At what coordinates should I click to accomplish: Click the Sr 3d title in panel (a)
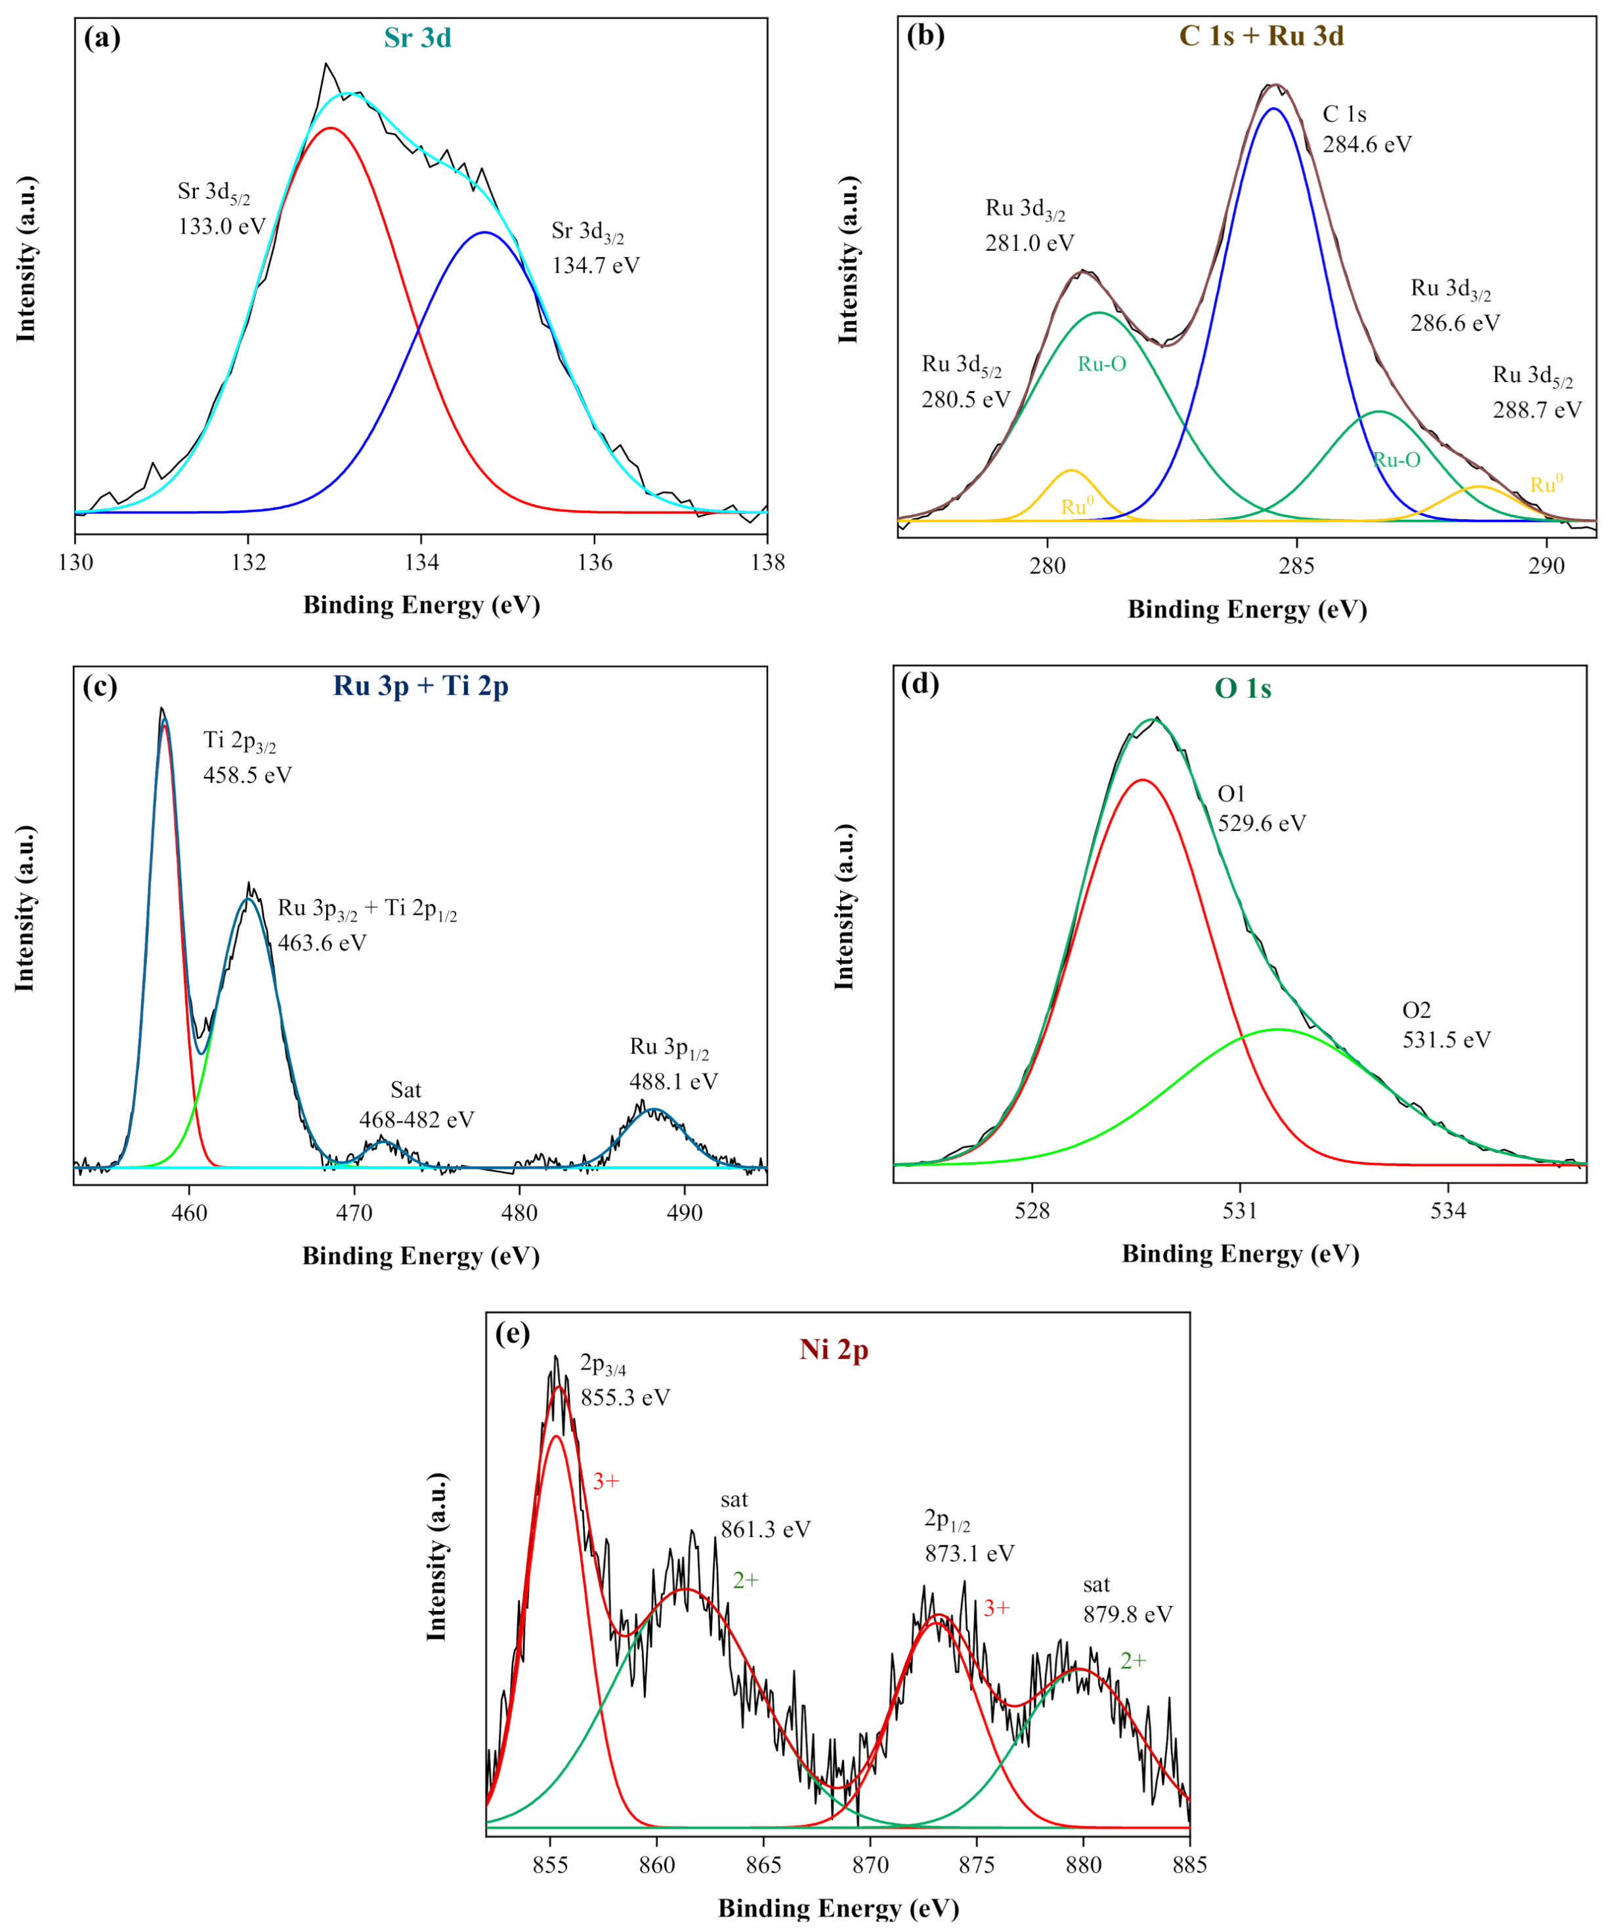[417, 37]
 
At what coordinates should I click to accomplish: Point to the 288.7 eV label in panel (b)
[1537, 410]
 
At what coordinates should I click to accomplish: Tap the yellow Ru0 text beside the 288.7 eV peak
[1546, 485]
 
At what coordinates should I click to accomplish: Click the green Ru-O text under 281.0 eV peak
[1101, 364]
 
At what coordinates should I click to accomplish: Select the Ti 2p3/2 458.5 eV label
[247, 758]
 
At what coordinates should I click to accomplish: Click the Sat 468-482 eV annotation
[416, 1105]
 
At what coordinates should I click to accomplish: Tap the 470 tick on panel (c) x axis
[354, 1213]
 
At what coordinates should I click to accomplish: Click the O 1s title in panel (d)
[1242, 689]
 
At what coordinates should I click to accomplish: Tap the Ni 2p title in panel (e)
[834, 1350]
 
